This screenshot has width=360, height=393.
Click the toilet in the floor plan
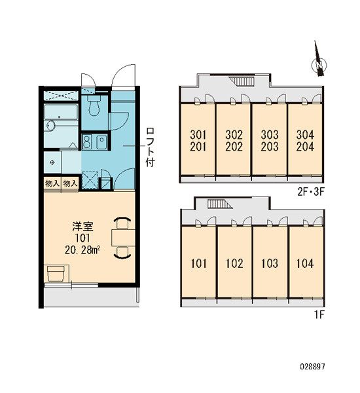pos(94,105)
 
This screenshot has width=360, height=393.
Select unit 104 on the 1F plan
pos(306,262)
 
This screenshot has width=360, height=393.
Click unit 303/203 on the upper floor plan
pos(270,140)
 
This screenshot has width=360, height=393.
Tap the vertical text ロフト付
pos(151,147)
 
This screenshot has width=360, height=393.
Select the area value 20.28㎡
pos(82,250)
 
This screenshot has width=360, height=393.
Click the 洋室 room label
pos(82,227)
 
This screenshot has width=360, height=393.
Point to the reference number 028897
pos(312,367)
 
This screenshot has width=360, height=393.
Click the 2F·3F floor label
pos(311,192)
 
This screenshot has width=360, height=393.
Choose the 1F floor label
pos(319,315)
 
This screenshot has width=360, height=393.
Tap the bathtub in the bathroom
pos(61,112)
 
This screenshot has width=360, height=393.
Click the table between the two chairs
pos(123,237)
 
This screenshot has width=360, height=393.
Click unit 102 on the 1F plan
pos(234,262)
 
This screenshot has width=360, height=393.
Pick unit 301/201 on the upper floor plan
pos(198,140)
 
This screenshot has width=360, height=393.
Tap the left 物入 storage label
pos(52,183)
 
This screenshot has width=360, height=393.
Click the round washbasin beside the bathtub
pos(50,125)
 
